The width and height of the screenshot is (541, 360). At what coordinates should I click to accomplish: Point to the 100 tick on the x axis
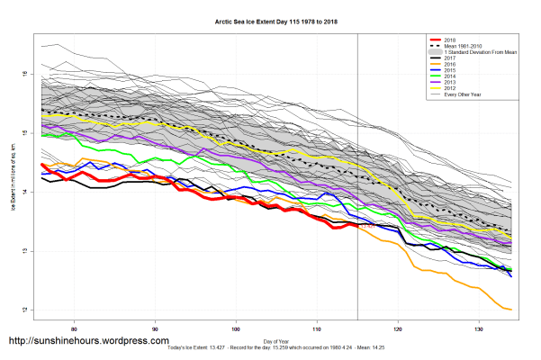point(236,328)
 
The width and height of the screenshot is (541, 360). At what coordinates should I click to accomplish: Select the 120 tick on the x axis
point(398,328)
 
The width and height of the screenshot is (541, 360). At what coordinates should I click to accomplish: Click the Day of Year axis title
point(276,340)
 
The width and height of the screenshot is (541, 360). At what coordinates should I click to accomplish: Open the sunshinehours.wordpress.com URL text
point(88,341)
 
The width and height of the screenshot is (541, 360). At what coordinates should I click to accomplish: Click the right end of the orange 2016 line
point(511,310)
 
